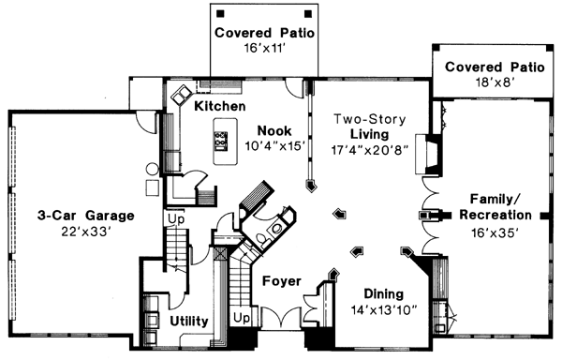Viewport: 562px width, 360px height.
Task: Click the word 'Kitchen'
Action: [220, 107]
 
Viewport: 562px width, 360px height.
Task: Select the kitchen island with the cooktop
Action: [222, 142]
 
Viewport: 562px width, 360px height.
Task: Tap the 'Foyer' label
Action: [280, 280]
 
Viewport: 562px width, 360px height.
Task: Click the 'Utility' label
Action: [189, 321]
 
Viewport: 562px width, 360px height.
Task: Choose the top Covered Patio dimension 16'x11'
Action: [262, 49]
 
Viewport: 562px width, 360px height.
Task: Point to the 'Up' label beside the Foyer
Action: [242, 319]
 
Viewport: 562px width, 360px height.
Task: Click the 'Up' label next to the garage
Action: [174, 220]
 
